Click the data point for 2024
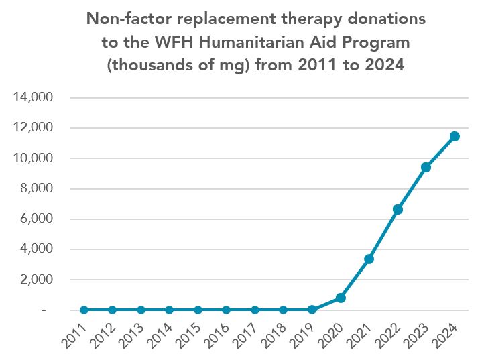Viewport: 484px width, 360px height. [455, 136]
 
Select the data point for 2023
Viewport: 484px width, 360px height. [426, 167]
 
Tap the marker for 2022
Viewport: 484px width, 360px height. [398, 209]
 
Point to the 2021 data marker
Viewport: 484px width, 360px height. [369, 259]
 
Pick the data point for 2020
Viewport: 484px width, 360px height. [341, 298]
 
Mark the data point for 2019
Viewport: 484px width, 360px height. [312, 310]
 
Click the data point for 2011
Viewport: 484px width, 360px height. [84, 310]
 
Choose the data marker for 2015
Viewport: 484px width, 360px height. [198, 310]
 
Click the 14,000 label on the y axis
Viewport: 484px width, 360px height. [33, 97]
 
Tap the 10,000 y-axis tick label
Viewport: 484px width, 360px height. [33, 158]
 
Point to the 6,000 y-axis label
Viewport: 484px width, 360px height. [36, 219]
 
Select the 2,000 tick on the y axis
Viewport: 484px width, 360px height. [36, 280]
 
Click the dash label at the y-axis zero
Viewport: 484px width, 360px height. [44, 310]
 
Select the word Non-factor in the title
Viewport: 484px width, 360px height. [124, 19]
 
